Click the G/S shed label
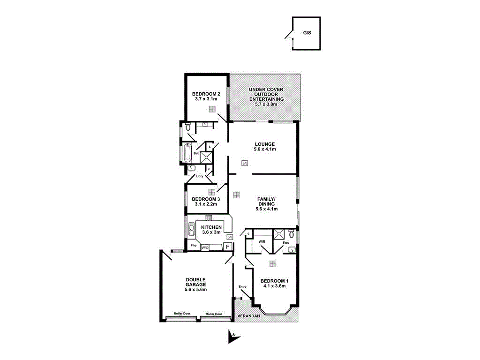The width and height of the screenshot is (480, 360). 307,33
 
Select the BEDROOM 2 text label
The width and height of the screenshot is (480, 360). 206,94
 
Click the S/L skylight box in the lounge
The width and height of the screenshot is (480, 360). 245,163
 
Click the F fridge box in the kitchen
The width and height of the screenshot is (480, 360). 228,247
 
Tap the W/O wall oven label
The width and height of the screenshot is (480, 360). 205,247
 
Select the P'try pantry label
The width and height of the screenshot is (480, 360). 193,246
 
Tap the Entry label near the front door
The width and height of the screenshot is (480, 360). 242,286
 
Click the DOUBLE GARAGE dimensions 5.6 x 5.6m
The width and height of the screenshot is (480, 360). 196,290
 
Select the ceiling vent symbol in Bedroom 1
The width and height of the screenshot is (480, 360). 273,263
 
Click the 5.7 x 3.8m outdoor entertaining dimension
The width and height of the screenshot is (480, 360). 266,104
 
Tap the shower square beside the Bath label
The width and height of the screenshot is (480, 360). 207,157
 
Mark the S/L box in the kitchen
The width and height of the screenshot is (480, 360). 230,238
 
